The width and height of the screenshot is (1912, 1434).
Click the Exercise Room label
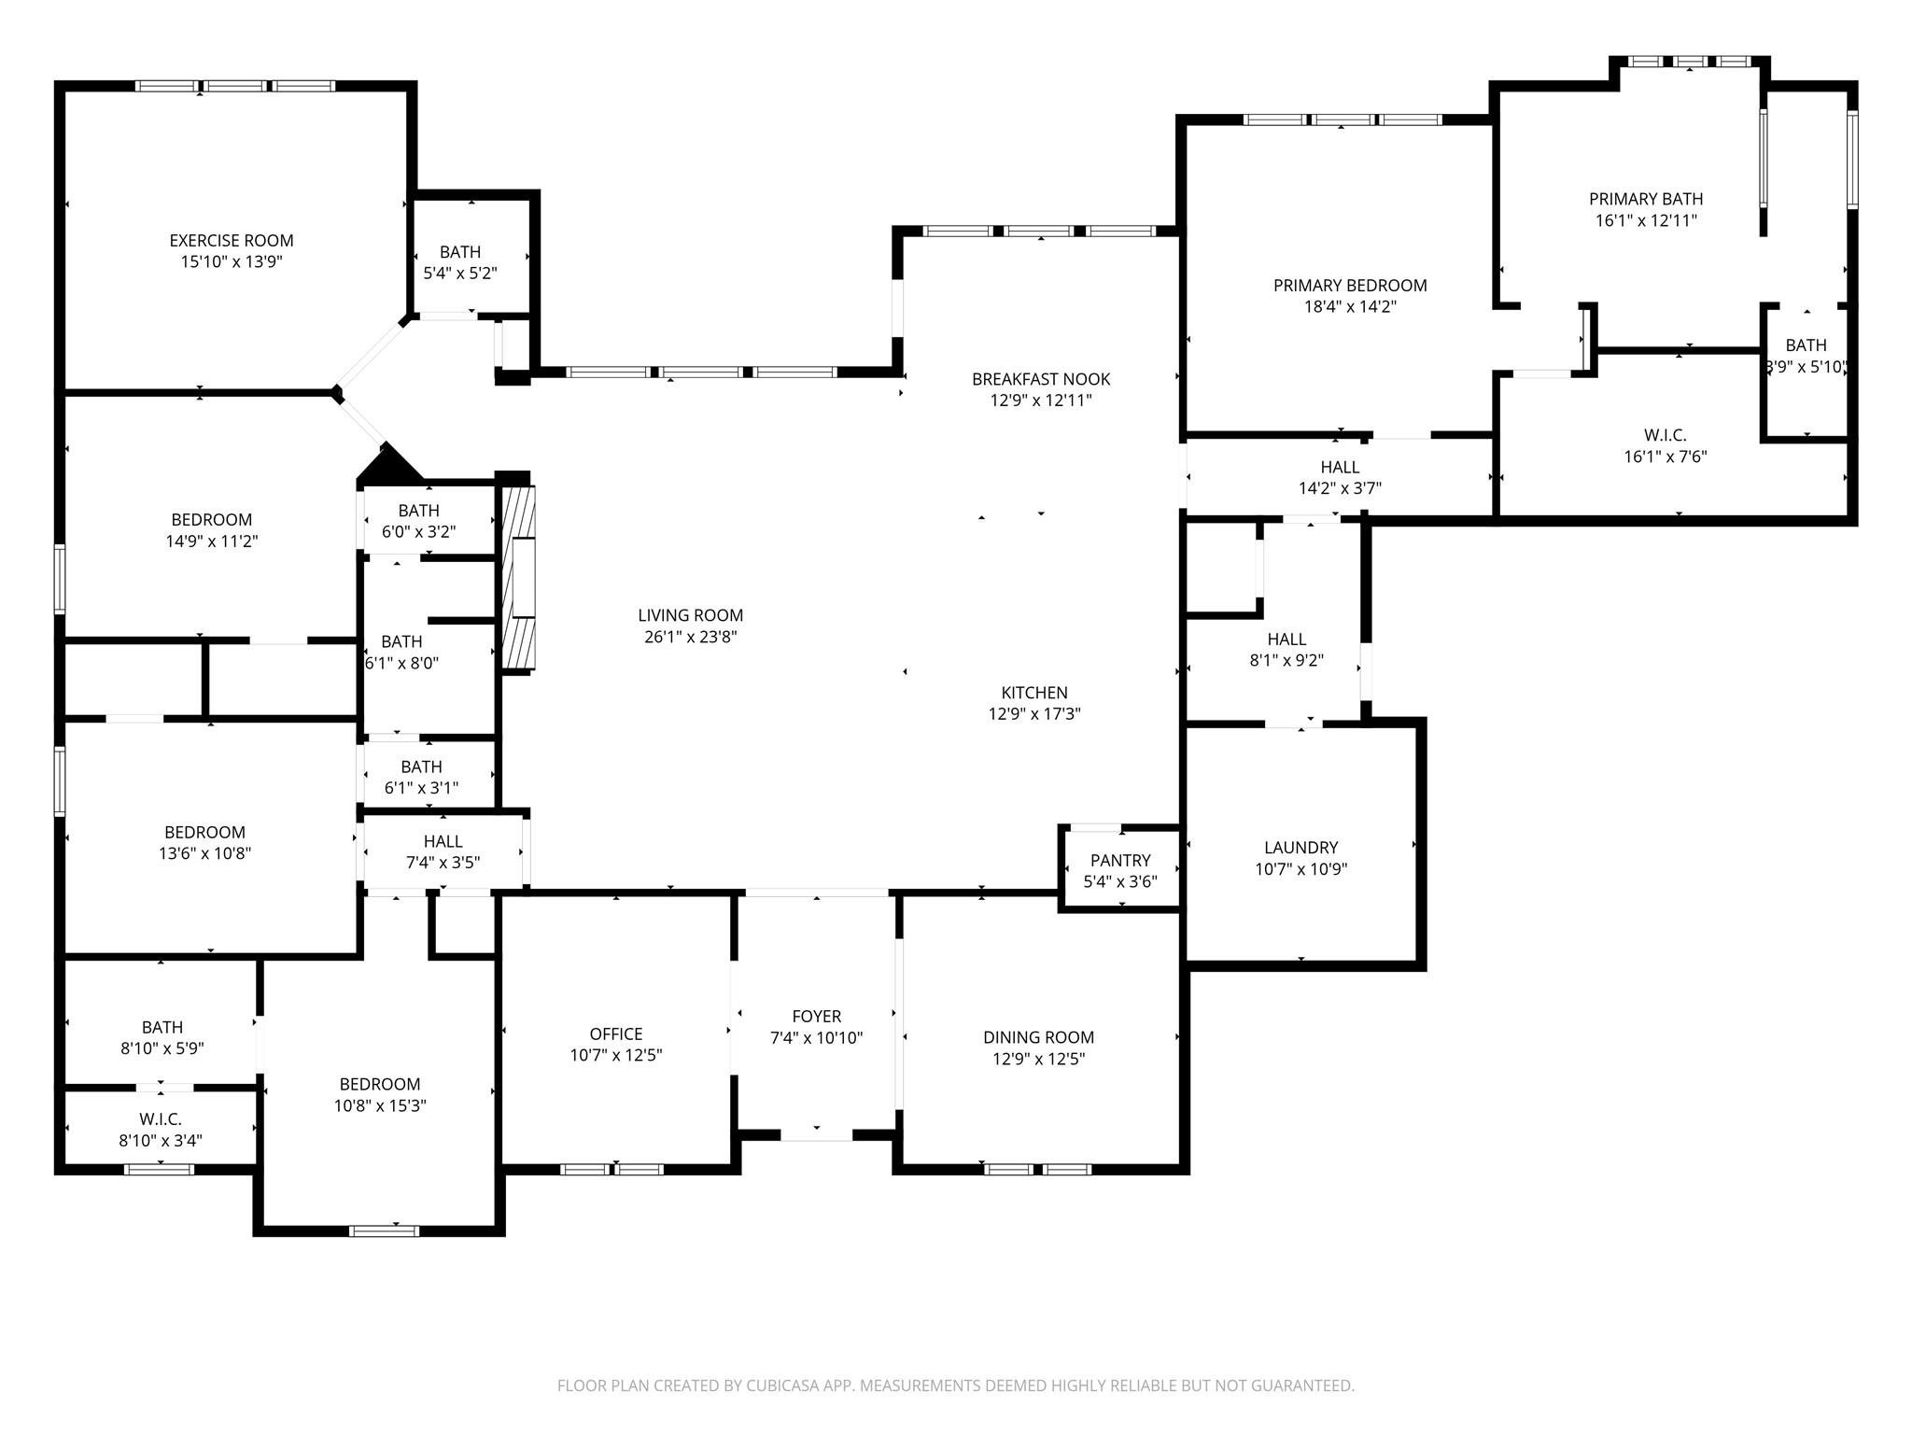(232, 241)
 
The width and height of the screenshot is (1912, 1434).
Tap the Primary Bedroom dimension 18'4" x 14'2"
(1350, 307)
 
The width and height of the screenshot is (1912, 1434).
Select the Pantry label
(1120, 860)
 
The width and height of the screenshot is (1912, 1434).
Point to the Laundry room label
(1301, 848)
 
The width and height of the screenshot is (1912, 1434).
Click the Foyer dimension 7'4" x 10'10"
(817, 1037)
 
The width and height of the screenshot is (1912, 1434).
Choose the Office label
(616, 1033)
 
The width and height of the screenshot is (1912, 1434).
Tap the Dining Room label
(1038, 1037)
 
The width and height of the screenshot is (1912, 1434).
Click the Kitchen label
(1034, 693)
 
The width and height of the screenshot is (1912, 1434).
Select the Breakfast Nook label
(1041, 379)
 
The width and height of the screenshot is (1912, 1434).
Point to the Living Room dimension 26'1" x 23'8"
(691, 637)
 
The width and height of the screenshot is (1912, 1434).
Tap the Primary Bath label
(1646, 199)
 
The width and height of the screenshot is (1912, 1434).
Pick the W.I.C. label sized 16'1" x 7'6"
(1665, 435)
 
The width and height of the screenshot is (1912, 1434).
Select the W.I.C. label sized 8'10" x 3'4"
(161, 1118)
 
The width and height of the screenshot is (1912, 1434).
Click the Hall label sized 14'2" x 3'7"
(1340, 467)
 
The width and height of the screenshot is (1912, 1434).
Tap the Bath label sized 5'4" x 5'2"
(460, 252)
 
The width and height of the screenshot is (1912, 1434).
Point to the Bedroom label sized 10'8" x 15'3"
(380, 1084)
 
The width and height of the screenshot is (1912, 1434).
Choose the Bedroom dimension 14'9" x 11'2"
(212, 541)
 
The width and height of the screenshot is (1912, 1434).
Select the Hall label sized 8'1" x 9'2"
(1286, 640)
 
